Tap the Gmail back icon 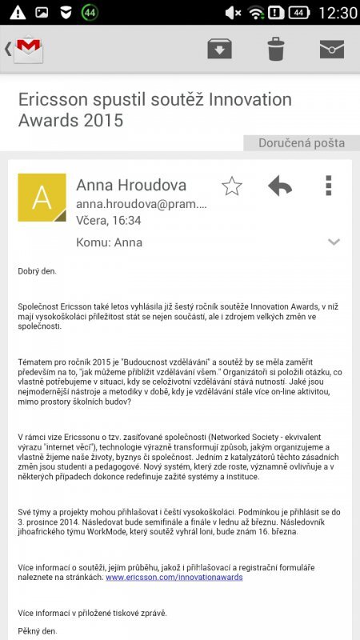[24, 49]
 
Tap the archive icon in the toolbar [219, 49]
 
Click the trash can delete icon [276, 49]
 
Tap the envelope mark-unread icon [332, 49]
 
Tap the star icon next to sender [232, 186]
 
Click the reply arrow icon [280, 186]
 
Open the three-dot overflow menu [328, 186]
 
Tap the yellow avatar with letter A [42, 198]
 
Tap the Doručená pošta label [302, 143]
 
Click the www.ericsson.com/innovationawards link [174, 576]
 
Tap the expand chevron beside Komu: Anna [334, 242]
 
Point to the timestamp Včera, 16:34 [108, 221]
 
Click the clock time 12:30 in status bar [337, 13]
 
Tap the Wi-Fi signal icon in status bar [256, 13]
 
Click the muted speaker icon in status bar [234, 13]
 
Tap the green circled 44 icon [90, 13]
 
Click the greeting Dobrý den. [38, 271]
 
